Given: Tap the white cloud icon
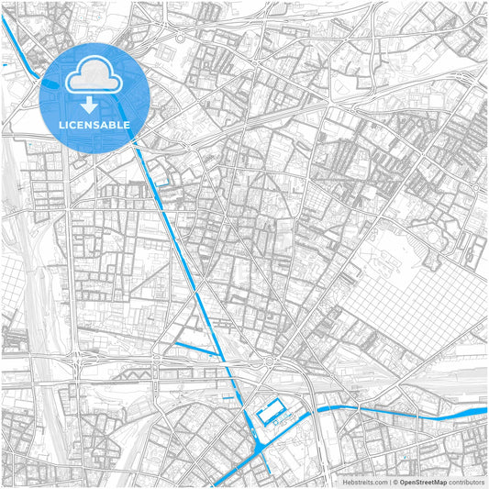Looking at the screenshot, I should [96, 73].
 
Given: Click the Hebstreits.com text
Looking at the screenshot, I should [365, 482].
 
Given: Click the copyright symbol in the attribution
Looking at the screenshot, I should [395, 482].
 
